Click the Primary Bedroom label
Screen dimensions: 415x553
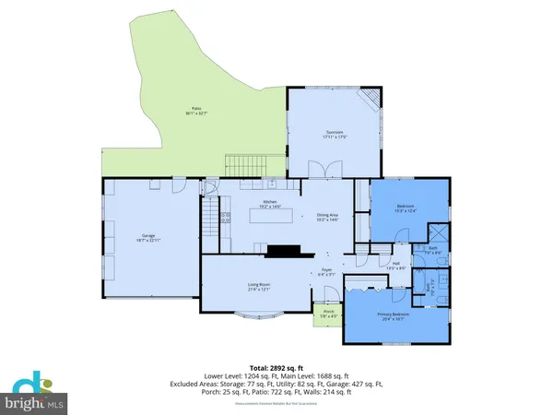(x=391, y=315)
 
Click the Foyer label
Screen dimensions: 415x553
(x=326, y=273)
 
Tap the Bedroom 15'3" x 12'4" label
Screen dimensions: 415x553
(x=406, y=207)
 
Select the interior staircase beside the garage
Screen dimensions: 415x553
(x=212, y=221)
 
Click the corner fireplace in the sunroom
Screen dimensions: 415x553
(x=369, y=98)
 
